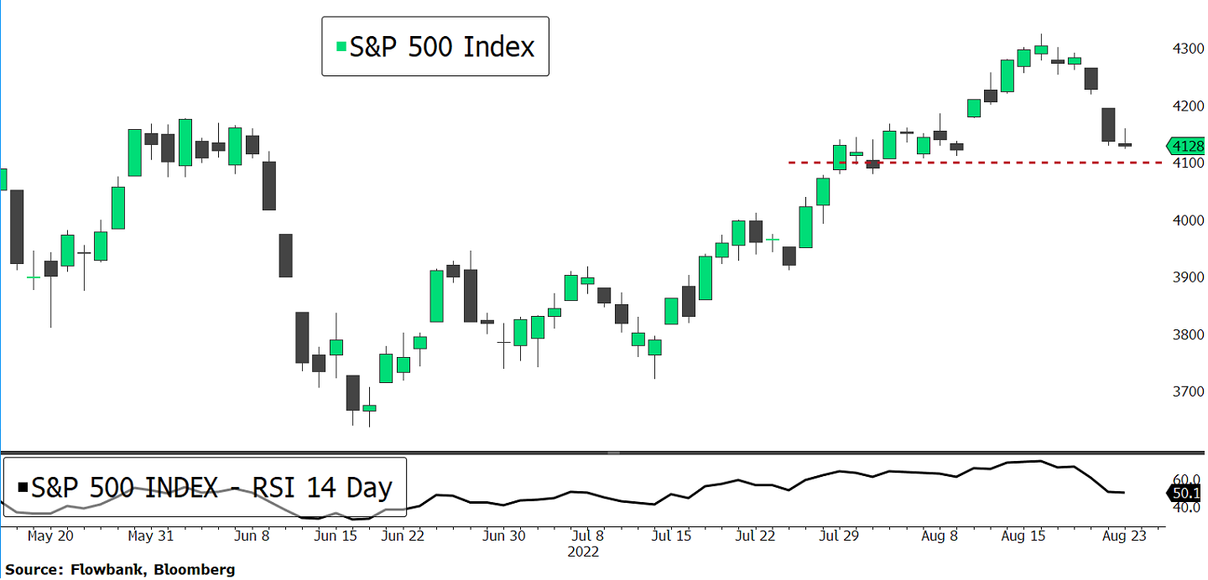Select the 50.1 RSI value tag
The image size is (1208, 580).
(1185, 493)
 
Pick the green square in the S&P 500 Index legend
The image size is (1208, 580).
(340, 47)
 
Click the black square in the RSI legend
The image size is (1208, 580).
(22, 487)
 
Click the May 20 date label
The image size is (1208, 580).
(50, 536)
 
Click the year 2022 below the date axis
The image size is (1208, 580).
(584, 552)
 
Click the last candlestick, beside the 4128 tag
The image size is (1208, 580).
(1125, 145)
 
